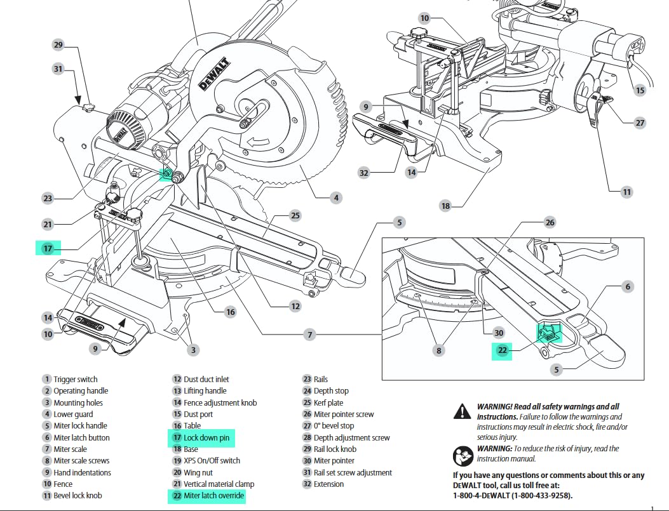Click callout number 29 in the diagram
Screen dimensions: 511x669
[58, 44]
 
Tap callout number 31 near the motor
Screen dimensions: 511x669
[58, 68]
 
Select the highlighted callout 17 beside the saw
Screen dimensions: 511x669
[48, 248]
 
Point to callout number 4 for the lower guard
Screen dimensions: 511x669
[336, 198]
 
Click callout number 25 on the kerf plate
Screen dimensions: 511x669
[295, 216]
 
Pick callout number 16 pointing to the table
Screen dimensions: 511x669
[230, 312]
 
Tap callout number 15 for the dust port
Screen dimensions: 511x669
[640, 90]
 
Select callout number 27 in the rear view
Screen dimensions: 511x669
[640, 123]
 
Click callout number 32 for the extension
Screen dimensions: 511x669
[363, 172]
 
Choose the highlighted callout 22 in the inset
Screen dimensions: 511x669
[503, 350]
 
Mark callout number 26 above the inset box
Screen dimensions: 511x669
[550, 222]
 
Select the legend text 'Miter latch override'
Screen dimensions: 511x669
[213, 496]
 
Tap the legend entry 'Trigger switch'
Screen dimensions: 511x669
[75, 380]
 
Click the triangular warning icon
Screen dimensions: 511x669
[463, 412]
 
